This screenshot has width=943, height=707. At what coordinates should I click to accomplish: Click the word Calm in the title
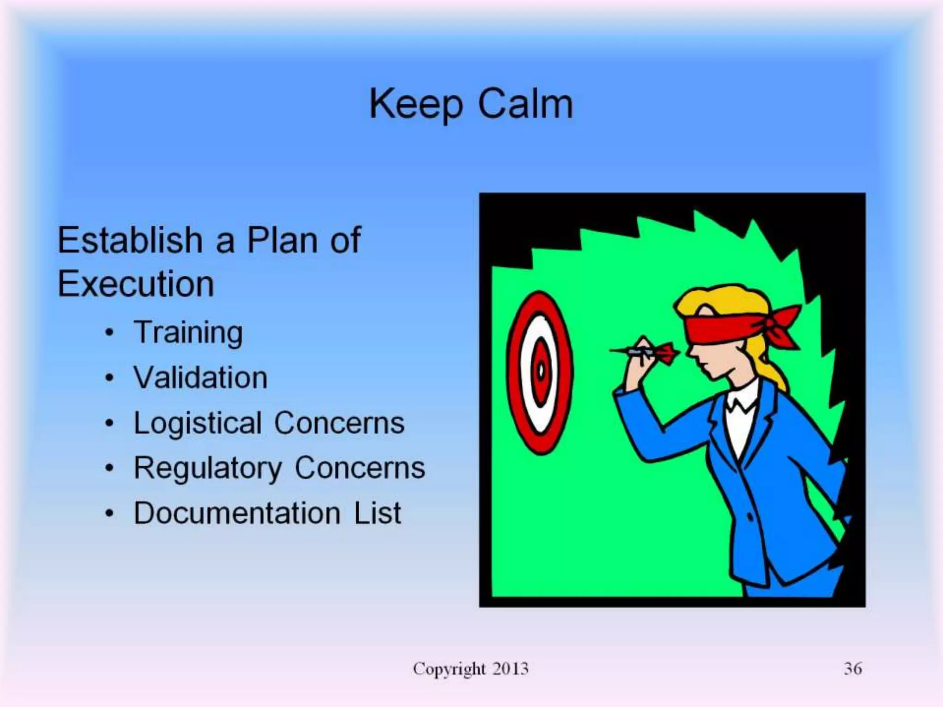[x=525, y=104]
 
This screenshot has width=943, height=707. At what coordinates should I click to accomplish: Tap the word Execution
[x=136, y=284]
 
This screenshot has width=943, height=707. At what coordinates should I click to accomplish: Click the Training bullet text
[x=188, y=333]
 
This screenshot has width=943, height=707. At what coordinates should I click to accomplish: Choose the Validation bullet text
[x=200, y=378]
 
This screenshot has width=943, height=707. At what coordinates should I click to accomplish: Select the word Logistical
[x=198, y=423]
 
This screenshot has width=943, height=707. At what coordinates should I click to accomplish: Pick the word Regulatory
[x=208, y=468]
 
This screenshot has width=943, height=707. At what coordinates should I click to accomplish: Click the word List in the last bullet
[x=378, y=513]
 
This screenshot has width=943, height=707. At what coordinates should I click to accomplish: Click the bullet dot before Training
[x=109, y=333]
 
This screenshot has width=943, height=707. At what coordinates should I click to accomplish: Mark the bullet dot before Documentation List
[x=109, y=513]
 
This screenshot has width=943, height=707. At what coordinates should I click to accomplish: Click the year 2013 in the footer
[x=510, y=668]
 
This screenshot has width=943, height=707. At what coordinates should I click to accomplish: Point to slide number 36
[x=853, y=668]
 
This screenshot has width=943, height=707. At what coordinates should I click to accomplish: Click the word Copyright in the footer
[x=449, y=669]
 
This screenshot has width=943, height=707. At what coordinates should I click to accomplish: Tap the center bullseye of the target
[x=541, y=371]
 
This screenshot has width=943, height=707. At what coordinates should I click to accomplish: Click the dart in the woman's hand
[x=645, y=352]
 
